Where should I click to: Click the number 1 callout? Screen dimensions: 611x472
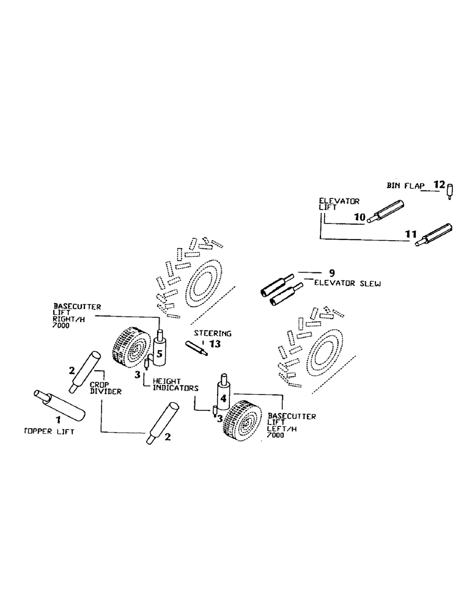pyautogui.click(x=59, y=420)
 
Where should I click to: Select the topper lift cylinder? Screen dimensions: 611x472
pyautogui.click(x=59, y=404)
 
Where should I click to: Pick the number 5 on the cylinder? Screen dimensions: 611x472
pyautogui.click(x=159, y=353)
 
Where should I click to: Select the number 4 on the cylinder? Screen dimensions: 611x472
pyautogui.click(x=223, y=399)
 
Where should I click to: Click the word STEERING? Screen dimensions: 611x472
pyautogui.click(x=213, y=334)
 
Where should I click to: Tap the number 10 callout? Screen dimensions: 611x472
pyautogui.click(x=359, y=217)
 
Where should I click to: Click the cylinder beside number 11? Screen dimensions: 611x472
pyautogui.click(x=435, y=236)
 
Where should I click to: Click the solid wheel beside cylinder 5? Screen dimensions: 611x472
pyautogui.click(x=131, y=348)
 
